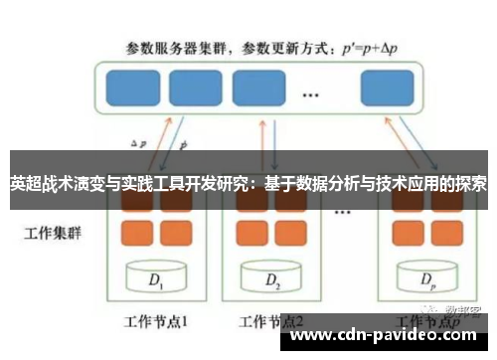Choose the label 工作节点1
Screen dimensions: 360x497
154,322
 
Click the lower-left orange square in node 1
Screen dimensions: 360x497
136,232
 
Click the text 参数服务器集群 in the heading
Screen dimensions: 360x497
175,46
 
